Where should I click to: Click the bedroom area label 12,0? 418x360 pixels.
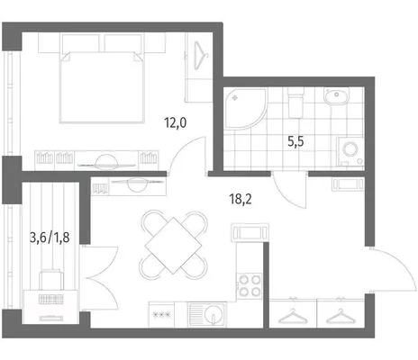pos(176,122)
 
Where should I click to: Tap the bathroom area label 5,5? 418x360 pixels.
pos(295,141)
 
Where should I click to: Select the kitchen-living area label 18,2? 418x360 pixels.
pos(241,199)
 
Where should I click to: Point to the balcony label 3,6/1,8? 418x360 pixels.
pos(50,238)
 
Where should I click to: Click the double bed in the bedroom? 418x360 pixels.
pos(102,87)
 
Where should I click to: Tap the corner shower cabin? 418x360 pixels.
pos(245,109)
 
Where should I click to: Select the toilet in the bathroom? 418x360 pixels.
pos(295,103)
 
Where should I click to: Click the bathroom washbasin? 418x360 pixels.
pos(336,96)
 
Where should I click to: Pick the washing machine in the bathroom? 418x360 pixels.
pos(350,151)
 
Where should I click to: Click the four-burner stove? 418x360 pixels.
pos(250,285)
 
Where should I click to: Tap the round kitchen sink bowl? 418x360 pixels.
pos(214,314)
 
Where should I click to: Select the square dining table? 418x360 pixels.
pos(173,246)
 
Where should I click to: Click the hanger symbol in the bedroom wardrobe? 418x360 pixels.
pos(200,56)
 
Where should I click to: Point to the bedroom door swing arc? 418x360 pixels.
pos(182,150)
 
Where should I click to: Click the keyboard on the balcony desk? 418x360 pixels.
pos(51,299)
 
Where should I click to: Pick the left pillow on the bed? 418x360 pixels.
pos(81,43)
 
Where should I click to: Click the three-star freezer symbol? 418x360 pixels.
pos(161,315)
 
